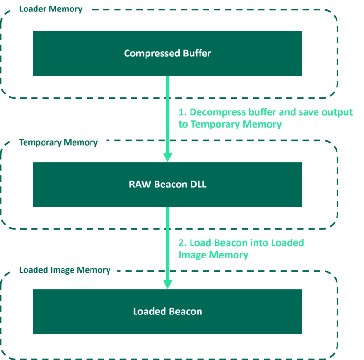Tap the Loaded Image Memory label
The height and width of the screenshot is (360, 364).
tap(65, 270)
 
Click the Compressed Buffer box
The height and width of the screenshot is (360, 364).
tap(167, 53)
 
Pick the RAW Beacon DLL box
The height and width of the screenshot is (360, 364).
tap(167, 185)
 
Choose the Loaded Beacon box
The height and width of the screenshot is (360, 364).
tap(167, 312)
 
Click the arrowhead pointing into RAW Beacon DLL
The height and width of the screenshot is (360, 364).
tap(167, 157)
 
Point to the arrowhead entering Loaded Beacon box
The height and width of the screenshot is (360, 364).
tap(167, 284)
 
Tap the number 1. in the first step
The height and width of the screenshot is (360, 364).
tap(182, 112)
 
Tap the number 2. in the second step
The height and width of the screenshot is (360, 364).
tap(182, 243)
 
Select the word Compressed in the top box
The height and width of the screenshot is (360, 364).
tap(147, 53)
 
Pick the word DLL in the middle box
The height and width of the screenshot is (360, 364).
tap(198, 185)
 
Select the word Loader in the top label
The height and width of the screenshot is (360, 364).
tap(34, 9)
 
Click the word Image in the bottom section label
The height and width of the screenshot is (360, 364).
tap(60, 270)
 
